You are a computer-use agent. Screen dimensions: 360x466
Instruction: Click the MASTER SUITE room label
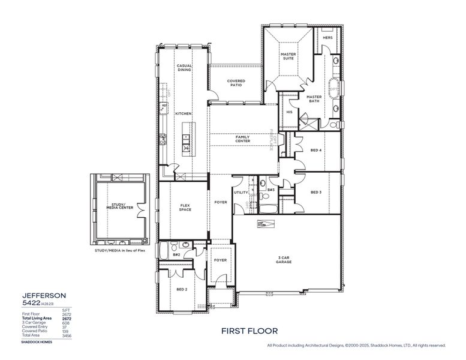point(288,56)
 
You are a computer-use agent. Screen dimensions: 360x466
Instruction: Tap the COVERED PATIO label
point(236,83)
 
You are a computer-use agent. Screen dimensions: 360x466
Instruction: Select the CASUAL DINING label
point(184,68)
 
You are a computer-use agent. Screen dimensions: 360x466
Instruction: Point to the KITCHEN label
point(183,113)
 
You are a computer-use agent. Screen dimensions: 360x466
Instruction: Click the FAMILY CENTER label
point(242,139)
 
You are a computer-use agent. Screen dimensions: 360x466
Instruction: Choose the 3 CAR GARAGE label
point(284,260)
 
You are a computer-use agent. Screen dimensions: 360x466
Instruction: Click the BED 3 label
point(316,192)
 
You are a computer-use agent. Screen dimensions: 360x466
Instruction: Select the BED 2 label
point(182,289)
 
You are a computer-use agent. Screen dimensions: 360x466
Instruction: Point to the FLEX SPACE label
point(185,208)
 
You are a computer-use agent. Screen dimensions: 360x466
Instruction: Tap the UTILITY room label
point(241,193)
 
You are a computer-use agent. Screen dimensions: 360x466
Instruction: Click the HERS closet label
point(327,38)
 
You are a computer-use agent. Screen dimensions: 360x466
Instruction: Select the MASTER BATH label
point(314,99)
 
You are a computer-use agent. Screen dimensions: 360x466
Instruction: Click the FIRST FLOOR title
point(249,331)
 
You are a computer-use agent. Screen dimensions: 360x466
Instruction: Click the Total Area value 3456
point(66,335)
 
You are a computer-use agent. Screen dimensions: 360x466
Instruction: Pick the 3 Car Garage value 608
point(66,323)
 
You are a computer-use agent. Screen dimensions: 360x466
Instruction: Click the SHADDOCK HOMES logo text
point(37,342)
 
